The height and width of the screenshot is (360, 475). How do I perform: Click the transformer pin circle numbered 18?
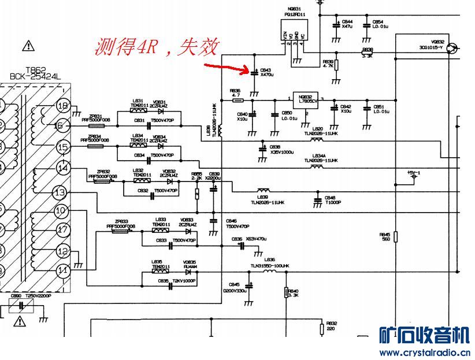[64, 106]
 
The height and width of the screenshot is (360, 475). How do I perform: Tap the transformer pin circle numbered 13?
[60, 192]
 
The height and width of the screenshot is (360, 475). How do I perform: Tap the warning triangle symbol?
[27, 44]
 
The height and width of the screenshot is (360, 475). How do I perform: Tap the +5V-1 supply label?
[413, 173]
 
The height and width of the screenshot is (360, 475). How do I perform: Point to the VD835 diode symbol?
[188, 272]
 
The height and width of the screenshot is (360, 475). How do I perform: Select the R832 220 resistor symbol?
[322, 329]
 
